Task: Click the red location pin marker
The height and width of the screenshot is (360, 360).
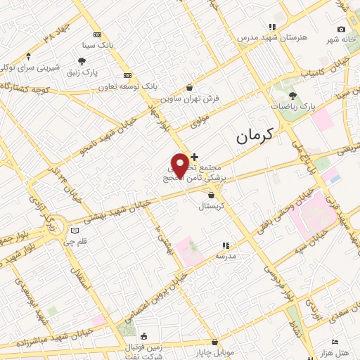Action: (180, 165)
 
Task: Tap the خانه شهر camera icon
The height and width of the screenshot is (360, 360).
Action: (341, 29)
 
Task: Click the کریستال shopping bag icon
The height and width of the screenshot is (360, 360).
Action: (212, 195)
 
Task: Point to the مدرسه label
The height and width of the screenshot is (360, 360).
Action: (226, 256)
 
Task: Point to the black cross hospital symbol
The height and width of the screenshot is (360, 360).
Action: (194, 156)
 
